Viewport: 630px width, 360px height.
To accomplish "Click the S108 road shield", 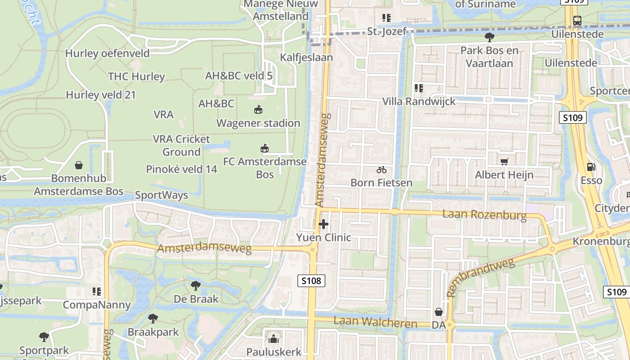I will (311, 281).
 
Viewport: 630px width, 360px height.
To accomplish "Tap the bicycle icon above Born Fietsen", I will (382, 170).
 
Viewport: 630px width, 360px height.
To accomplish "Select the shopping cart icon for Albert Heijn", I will (504, 161).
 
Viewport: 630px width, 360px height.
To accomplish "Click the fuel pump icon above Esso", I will (591, 167).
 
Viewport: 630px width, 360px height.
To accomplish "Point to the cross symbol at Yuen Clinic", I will (323, 224).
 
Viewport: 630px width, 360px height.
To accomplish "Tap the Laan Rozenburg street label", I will (484, 214).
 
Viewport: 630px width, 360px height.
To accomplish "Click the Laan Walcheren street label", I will (376, 322).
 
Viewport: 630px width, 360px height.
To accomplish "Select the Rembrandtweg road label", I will (481, 277).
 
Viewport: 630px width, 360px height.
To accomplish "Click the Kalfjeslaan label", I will (306, 58).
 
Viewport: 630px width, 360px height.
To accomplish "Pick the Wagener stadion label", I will (258, 123).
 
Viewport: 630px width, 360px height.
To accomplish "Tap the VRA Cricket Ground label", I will (181, 145).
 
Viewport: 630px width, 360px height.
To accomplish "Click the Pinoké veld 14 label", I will (182, 169).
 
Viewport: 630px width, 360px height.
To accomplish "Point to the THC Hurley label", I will (136, 76).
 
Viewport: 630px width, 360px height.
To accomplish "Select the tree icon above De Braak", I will (196, 285).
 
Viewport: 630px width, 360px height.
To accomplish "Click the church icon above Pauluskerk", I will (274, 338).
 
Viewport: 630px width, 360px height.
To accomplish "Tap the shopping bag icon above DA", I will (438, 311).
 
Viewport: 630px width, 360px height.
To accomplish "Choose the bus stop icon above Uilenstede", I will (577, 20).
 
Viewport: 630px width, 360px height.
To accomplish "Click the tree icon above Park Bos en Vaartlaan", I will (490, 37).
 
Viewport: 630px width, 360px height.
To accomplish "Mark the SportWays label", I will (162, 195).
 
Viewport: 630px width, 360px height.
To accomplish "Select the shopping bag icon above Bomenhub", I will (79, 165).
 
